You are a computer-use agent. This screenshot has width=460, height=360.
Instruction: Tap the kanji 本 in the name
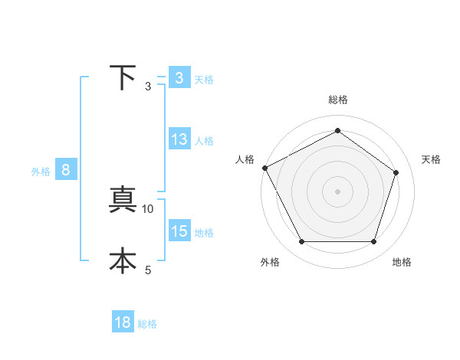click(123, 260)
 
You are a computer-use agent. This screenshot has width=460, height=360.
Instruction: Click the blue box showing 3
click(179, 78)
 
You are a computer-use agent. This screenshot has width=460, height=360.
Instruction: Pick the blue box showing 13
click(179, 140)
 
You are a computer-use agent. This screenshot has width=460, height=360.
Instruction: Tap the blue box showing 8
click(66, 171)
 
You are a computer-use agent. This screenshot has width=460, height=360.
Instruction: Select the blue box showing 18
click(123, 322)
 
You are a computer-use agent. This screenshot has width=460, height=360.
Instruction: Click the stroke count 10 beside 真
click(148, 208)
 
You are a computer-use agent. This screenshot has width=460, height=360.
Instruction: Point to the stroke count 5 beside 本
click(148, 270)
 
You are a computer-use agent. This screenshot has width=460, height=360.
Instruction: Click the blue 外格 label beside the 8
click(41, 172)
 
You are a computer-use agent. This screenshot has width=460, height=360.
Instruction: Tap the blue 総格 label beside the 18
click(147, 324)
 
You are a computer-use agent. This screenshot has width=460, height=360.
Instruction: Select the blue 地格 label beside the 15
click(204, 233)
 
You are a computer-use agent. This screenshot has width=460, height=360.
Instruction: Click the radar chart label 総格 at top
click(338, 100)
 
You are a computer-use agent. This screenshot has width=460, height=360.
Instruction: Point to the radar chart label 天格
click(432, 159)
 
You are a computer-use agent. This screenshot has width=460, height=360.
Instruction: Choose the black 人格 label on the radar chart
click(245, 159)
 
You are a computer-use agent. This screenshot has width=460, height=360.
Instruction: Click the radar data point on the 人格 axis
click(264, 168)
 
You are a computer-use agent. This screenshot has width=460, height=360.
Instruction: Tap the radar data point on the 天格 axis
click(396, 172)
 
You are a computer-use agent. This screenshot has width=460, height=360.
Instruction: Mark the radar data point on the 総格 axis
click(338, 130)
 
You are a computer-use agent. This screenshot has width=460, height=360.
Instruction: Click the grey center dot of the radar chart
click(338, 191)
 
